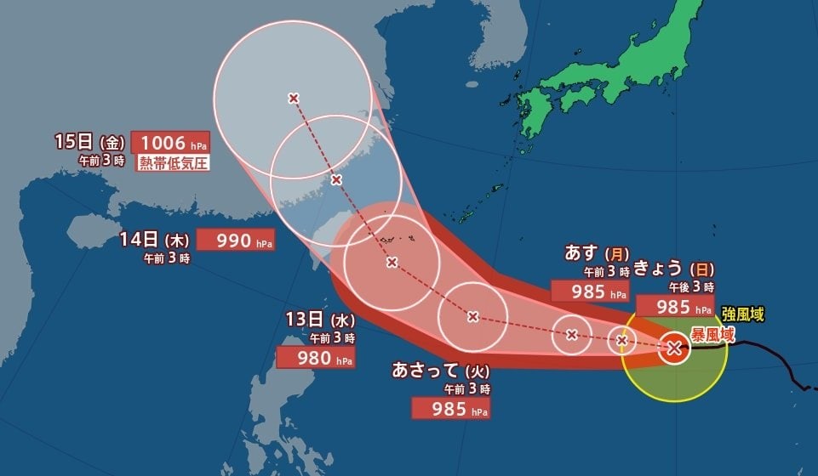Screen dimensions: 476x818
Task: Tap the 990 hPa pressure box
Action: (236, 241)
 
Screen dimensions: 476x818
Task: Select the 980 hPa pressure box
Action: (316, 359)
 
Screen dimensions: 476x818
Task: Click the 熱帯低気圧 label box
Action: (174, 162)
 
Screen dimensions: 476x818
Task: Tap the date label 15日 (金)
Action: (89, 142)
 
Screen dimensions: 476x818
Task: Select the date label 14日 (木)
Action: (154, 239)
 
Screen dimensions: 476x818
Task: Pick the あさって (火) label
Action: (439, 370)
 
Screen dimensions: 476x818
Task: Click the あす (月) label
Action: (597, 253)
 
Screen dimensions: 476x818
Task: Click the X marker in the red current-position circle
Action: (674, 347)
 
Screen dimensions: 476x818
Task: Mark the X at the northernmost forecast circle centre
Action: (294, 99)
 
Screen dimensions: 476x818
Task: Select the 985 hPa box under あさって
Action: (450, 409)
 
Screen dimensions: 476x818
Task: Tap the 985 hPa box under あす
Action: (591, 291)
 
